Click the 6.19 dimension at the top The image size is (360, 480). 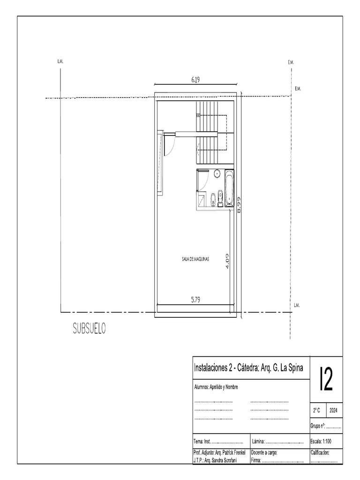pos(195,80)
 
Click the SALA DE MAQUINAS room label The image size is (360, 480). pos(195,258)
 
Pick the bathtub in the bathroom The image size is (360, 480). pos(229,189)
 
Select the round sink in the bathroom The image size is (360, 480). pos(217,174)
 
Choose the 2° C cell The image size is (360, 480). pos(317,410)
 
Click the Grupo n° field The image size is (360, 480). pos(325,426)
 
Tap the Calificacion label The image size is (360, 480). pos(320,453)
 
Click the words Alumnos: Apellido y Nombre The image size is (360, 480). pos(216,387)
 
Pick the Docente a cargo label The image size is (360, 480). pos(265,453)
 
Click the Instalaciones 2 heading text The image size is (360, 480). pos(214,368)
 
